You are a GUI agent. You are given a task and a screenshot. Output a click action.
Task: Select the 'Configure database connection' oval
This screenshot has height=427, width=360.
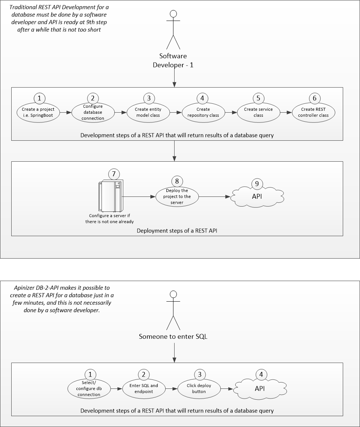coord(93,112)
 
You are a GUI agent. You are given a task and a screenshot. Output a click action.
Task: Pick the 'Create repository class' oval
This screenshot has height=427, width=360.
coord(203,112)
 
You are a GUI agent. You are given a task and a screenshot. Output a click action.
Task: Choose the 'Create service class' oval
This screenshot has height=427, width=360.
coord(258,112)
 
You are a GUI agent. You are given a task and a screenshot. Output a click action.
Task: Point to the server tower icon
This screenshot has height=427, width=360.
coord(110,196)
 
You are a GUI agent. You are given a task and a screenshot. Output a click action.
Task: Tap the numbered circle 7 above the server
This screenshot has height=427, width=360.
coord(113,174)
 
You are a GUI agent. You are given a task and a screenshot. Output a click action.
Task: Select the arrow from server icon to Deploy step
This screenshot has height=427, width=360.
coord(139,196)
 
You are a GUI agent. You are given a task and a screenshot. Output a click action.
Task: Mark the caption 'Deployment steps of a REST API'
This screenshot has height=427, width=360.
coord(177,231)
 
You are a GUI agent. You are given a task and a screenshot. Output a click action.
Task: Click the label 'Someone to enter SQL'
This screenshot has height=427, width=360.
coord(173,336)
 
